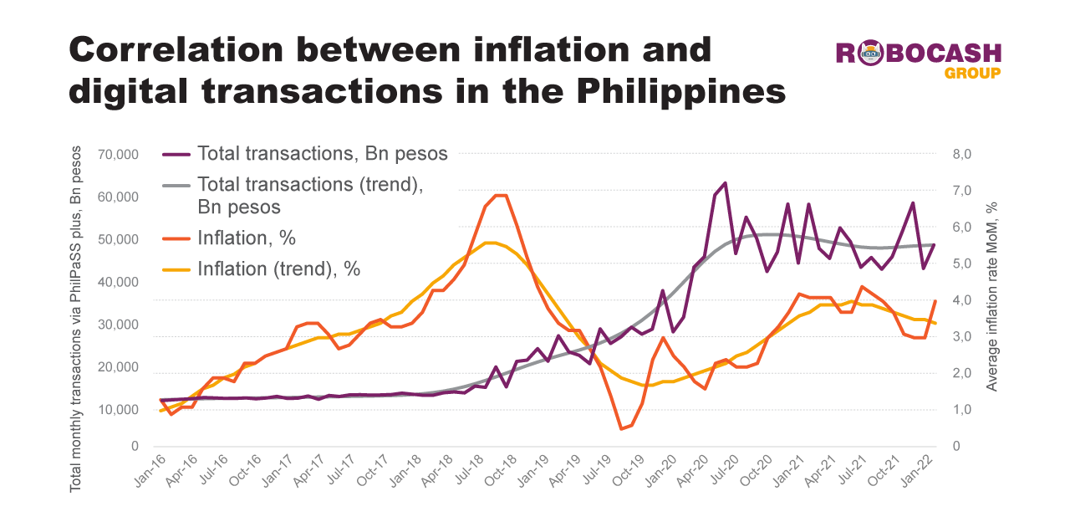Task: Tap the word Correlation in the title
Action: pos(176,49)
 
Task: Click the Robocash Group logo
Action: pos(919,59)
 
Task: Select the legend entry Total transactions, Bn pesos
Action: pos(322,154)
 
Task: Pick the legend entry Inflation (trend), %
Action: pos(278,269)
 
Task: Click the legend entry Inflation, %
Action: pos(246,238)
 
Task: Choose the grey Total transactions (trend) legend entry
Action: pos(309,195)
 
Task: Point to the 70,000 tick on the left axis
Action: pos(117,155)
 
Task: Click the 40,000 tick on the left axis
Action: pos(117,282)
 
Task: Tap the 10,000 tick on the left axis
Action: pos(117,409)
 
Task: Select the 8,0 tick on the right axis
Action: pos(961,155)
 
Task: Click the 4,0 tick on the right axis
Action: pos(961,300)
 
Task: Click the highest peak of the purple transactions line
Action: pos(725,182)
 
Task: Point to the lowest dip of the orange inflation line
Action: pos(622,429)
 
